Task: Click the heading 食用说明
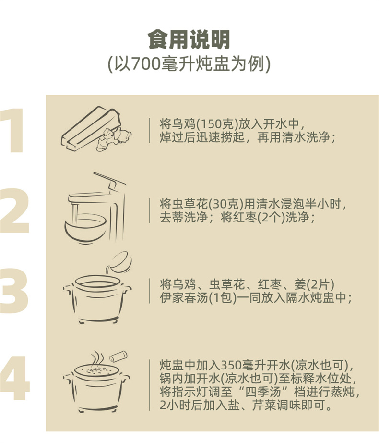[189, 39]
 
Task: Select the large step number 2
[14, 210]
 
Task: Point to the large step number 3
[14, 291]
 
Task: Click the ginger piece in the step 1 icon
[113, 138]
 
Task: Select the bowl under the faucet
[86, 229]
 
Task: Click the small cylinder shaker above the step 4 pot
[118, 356]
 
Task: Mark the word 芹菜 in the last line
[264, 406]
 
